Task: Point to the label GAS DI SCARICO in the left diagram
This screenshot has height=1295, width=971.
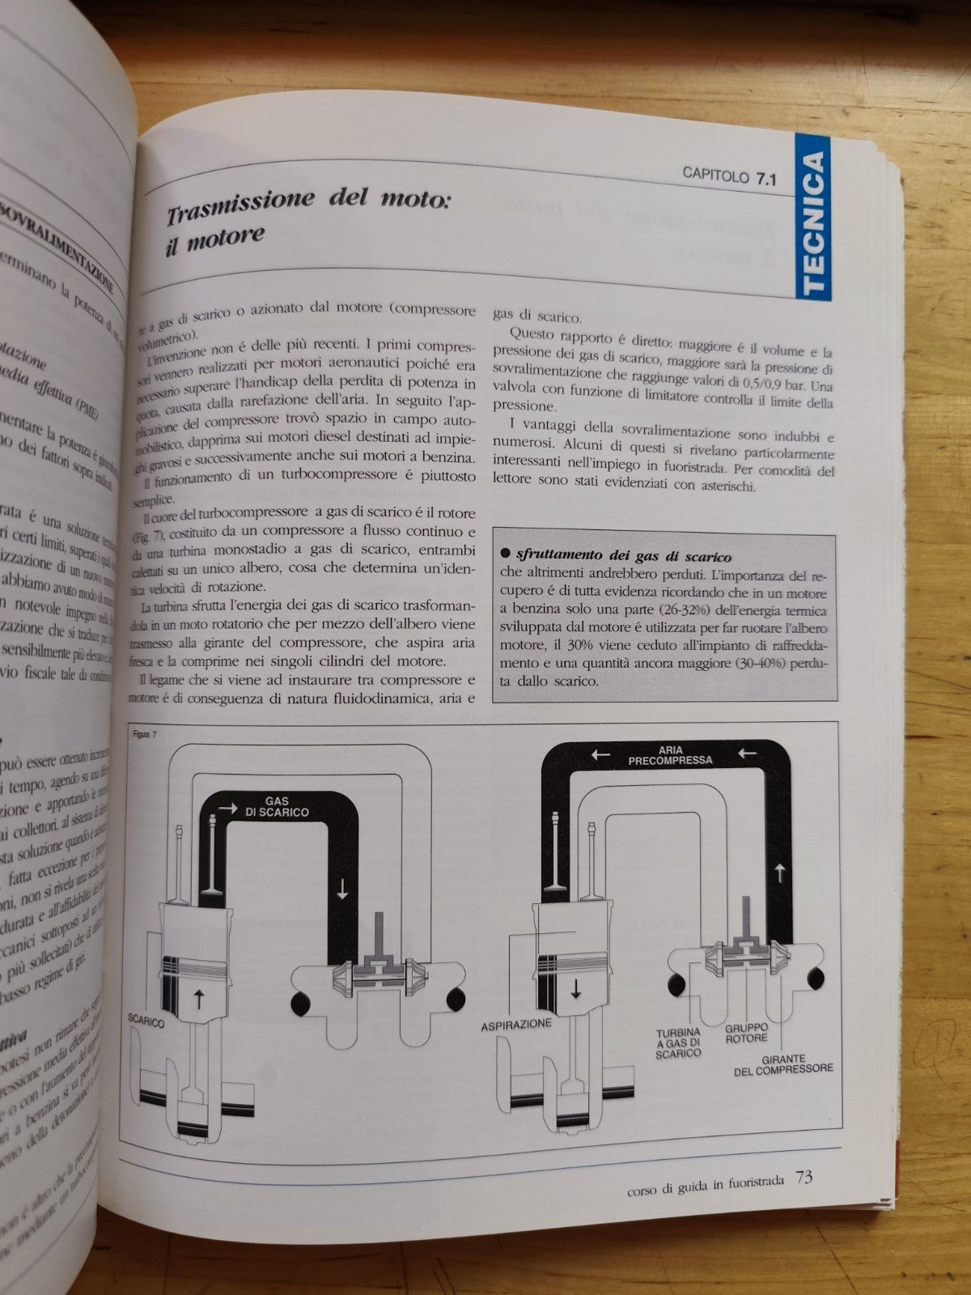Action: [x=276, y=806]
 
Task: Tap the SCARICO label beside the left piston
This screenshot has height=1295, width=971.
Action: [x=146, y=1022]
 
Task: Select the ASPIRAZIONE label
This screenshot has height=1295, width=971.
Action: [x=516, y=1025]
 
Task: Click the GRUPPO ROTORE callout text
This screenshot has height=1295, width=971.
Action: [x=746, y=1033]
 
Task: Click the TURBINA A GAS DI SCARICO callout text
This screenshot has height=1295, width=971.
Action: [x=678, y=1042]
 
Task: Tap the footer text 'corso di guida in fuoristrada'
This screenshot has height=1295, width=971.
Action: [x=705, y=1180]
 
